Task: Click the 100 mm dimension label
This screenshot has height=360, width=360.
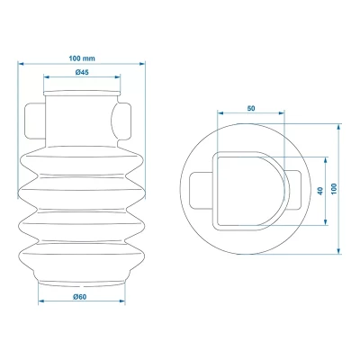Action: [81, 58]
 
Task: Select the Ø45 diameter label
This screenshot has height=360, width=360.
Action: [81, 73]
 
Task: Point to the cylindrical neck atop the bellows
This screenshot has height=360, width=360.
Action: [81, 112]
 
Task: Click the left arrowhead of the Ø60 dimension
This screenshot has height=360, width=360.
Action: [40, 302]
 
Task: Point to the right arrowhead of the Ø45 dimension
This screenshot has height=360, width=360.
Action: [117, 79]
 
